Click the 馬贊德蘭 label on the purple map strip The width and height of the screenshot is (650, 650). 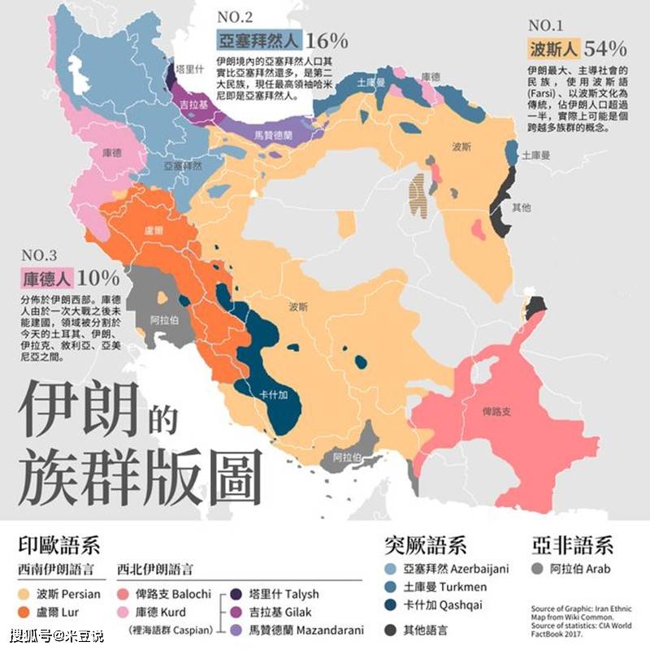click(271, 134)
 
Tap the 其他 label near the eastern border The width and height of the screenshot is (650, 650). click(521, 207)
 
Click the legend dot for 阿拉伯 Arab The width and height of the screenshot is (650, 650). click(539, 569)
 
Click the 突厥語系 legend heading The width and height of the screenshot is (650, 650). click(425, 544)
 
